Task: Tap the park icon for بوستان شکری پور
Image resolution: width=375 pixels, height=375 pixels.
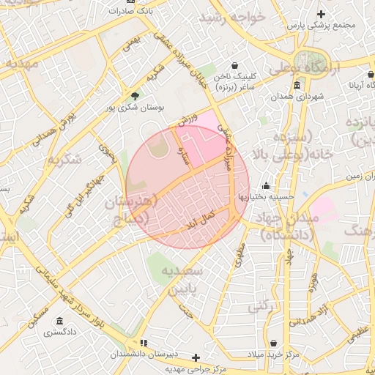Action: [134, 96]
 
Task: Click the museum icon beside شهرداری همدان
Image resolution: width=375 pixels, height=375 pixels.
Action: [297, 86]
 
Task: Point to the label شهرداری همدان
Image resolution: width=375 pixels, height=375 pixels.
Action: [297, 97]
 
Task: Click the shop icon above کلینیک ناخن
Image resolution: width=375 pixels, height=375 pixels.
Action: [234, 65]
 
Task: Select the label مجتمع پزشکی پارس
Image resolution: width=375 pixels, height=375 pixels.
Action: [321, 25]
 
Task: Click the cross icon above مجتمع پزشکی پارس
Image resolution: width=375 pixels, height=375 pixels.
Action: [320, 14]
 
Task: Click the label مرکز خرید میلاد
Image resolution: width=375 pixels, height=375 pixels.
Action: [274, 354]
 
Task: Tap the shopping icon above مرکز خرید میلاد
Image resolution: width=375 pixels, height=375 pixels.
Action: [273, 343]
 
